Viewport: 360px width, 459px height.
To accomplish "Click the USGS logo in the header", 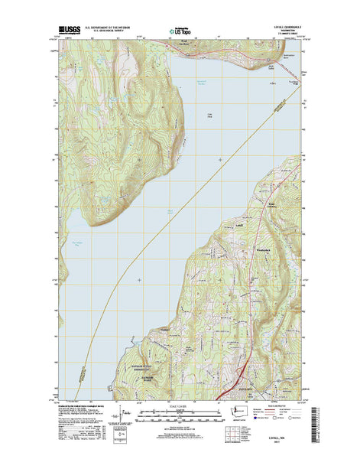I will (70, 33).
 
